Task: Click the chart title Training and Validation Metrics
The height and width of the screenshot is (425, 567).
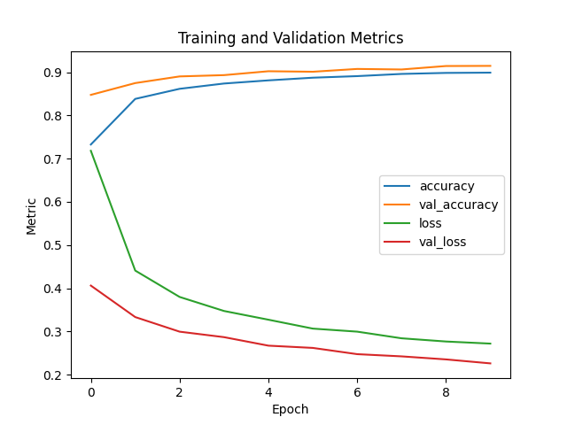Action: (291, 38)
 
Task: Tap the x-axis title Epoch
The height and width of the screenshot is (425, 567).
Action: (291, 409)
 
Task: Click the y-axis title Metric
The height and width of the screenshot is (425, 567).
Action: (32, 216)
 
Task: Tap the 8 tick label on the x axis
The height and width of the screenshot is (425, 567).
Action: (446, 391)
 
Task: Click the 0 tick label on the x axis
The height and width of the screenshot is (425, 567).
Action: (90, 391)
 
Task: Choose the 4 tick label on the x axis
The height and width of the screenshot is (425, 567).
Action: (268, 391)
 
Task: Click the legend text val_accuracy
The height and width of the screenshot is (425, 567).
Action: (458, 205)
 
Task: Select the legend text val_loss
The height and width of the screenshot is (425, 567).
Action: (443, 242)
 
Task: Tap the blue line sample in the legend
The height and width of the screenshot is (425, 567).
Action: (399, 187)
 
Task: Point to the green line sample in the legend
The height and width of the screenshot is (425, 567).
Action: (399, 224)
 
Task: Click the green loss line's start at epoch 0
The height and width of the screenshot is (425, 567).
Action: (90, 151)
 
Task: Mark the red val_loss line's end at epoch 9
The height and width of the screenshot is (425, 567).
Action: (490, 363)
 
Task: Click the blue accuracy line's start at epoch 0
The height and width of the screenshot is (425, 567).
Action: (90, 144)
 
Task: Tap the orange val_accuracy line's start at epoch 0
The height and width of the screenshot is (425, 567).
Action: (90, 95)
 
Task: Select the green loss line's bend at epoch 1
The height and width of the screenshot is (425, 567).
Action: (135, 270)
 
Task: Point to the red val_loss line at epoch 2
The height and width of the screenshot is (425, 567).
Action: (179, 331)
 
